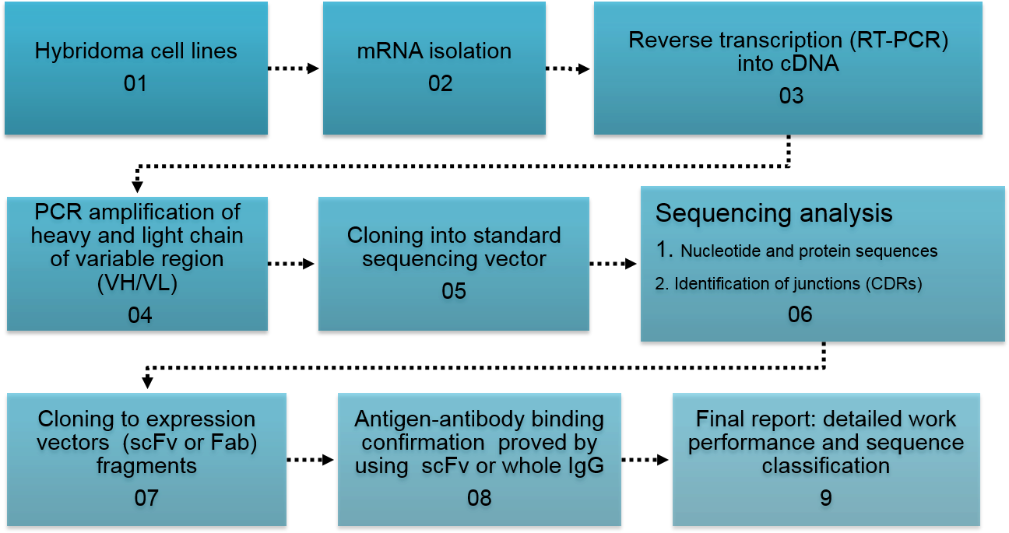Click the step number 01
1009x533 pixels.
135,83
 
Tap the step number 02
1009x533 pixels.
440,83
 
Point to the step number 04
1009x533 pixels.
140,315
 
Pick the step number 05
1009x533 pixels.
454,291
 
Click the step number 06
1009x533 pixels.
800,314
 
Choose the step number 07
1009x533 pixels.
146,498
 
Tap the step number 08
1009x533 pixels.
480,498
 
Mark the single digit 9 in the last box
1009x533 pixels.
826,498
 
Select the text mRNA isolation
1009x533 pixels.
434,52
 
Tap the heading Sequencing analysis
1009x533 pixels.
774,213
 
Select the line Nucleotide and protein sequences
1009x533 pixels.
809,251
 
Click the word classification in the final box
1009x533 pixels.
825,466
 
